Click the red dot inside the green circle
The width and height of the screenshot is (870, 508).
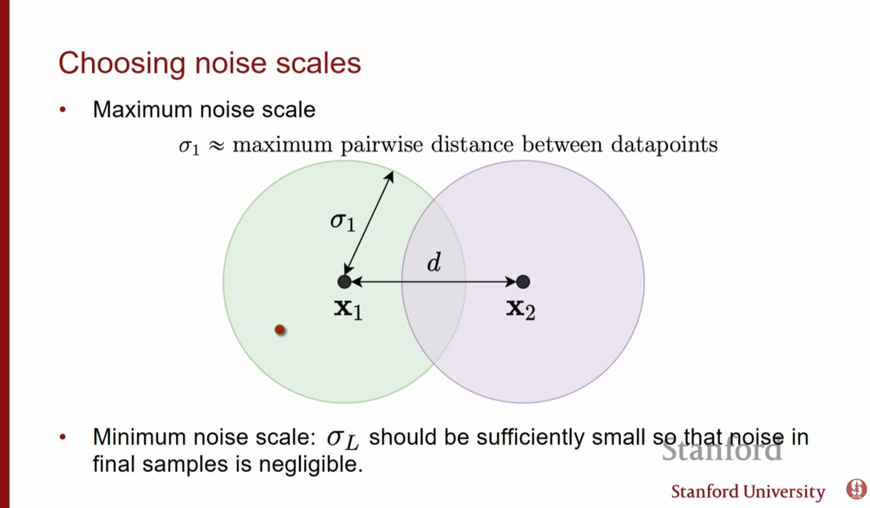[280, 329]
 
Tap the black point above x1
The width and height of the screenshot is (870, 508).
[344, 282]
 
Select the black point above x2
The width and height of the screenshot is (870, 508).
[523, 282]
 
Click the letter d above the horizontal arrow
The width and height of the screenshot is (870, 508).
[434, 262]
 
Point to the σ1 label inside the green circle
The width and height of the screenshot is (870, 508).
[343, 221]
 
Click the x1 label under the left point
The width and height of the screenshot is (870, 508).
[348, 309]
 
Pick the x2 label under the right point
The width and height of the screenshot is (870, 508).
[520, 309]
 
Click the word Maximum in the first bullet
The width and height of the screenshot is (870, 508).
[143, 109]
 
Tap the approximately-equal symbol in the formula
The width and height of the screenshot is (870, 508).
[216, 146]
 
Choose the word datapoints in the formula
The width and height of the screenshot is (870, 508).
[664, 145]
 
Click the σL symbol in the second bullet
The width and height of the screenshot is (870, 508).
[342, 439]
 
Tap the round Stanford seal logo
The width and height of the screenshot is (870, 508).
[856, 489]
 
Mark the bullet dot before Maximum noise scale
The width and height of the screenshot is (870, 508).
[63, 110]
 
